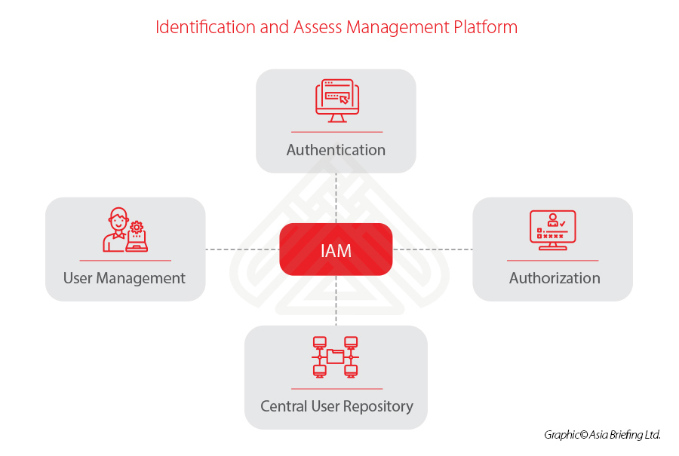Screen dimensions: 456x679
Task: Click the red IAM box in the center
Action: (336, 249)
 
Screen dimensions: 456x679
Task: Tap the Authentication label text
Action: (336, 150)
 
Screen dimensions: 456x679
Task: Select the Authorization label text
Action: (555, 278)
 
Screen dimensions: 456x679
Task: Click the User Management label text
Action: (124, 278)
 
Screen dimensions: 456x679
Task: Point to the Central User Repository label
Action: (336, 406)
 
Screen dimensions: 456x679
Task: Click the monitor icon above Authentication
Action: (336, 101)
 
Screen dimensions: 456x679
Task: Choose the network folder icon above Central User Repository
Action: (336, 357)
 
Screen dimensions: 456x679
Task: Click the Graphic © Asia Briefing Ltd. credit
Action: (602, 435)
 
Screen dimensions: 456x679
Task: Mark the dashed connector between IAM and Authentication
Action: (336, 197)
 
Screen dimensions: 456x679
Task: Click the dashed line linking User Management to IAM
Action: (242, 249)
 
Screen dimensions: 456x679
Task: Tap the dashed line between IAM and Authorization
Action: (432, 249)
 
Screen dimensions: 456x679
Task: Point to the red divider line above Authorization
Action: (552, 261)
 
